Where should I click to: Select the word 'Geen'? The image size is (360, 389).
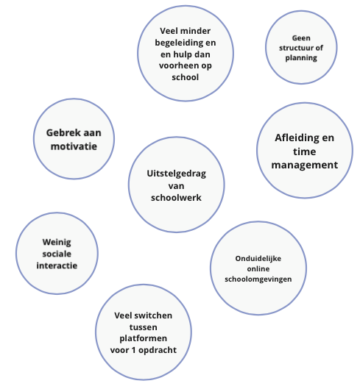click(301, 38)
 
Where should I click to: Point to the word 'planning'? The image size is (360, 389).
click(301, 58)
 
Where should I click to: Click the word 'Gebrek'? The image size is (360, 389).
click(60, 132)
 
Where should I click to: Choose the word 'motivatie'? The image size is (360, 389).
click(74, 146)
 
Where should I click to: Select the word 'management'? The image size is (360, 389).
click(305, 165)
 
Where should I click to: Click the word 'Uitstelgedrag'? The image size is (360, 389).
click(177, 174)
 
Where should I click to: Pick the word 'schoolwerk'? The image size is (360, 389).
click(176, 198)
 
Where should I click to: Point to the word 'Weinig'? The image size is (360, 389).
click(57, 243)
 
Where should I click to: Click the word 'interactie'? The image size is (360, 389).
click(57, 265)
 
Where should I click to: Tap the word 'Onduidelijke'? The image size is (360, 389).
click(258, 259)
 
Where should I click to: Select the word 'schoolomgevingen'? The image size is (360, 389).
click(258, 279)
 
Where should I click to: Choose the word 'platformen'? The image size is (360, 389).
click(143, 339)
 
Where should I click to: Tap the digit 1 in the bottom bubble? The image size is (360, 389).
click(134, 350)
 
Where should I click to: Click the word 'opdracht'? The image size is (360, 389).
click(158, 350)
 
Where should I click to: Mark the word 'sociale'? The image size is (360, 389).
click(57, 254)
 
